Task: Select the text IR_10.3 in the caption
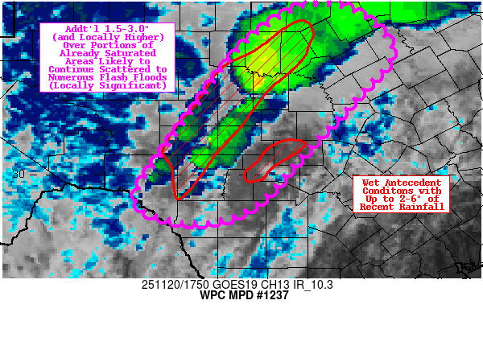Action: tap(303, 285)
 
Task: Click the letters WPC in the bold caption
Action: tap(210, 295)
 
